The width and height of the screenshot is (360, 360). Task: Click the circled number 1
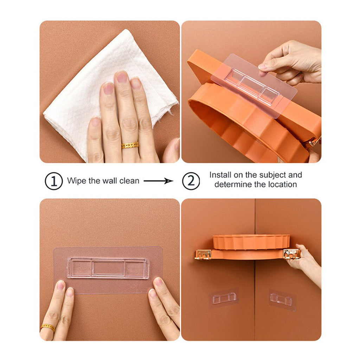pos(53,181)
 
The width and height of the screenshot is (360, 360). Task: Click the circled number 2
pos(191,181)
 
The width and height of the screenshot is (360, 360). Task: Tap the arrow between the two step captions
pos(158,181)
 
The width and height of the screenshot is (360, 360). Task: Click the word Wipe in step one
pos(76,181)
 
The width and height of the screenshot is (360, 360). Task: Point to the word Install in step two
pos(221,175)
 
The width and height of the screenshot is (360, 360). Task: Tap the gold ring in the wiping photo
pos(130,145)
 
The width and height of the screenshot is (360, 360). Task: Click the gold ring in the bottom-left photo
pos(47,327)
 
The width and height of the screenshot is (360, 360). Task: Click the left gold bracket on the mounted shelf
pos(203,254)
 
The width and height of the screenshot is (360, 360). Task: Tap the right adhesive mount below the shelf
pos(282,300)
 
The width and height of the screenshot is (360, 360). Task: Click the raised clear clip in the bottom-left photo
pos(108,268)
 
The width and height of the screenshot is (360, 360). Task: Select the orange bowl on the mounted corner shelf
pos(251,242)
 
